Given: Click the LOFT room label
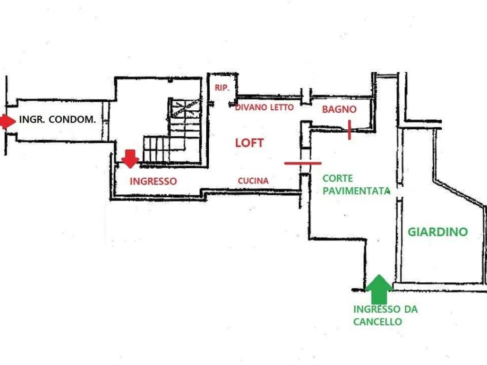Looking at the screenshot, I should click(249, 143).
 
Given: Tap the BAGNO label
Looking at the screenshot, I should click(339, 109).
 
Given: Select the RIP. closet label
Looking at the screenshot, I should click(222, 88).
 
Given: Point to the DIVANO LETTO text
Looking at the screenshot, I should click(264, 107).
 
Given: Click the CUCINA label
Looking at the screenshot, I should click(253, 181).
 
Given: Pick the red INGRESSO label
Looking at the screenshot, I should click(153, 181).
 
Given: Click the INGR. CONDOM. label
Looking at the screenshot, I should click(57, 120).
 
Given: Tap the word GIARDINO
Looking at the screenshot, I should click(438, 232).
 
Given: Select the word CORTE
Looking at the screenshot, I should click(338, 179).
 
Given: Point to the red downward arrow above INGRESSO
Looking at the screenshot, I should click(130, 158).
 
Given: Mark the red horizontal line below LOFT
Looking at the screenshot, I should click(303, 163).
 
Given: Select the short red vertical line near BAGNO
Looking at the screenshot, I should click(350, 130).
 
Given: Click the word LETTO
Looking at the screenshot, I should click(282, 107).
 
